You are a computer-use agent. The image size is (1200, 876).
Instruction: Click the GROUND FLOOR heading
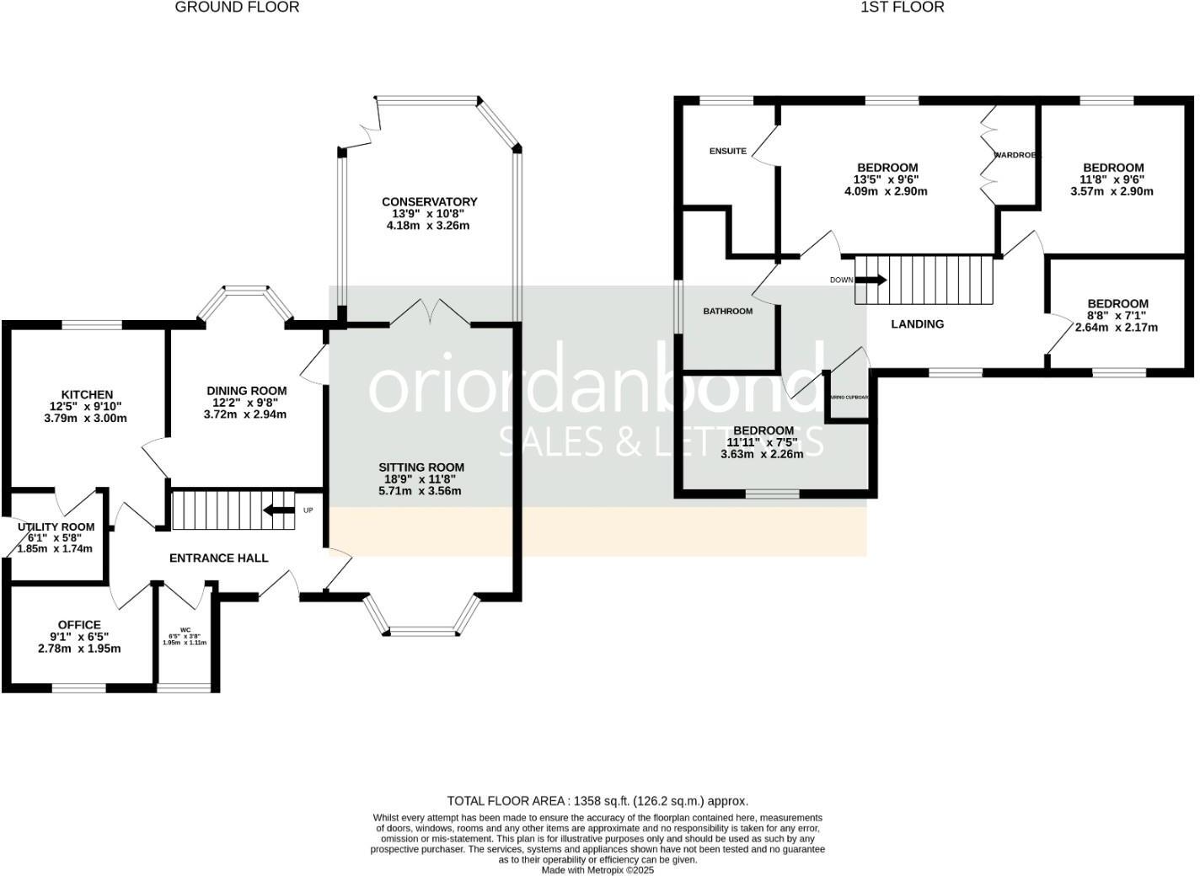pyautogui.click(x=237, y=8)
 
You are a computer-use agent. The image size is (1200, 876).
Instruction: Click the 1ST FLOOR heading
pyautogui.click(x=902, y=8)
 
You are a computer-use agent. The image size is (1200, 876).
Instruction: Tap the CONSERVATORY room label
pyautogui.click(x=429, y=202)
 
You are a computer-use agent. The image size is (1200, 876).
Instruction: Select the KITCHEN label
pyautogui.click(x=87, y=395)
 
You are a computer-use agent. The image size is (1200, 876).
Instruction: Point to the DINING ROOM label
pyautogui.click(x=247, y=391)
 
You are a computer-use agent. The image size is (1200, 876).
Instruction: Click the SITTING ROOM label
pyautogui.click(x=421, y=467)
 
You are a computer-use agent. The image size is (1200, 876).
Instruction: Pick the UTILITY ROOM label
pyautogui.click(x=56, y=527)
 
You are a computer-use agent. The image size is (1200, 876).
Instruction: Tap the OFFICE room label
pyautogui.click(x=79, y=625)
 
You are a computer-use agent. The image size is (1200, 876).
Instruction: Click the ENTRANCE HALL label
pyautogui.click(x=219, y=558)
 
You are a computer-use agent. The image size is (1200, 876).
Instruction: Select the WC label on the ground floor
pyautogui.click(x=185, y=628)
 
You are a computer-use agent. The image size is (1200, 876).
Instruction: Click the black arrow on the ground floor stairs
pyautogui.click(x=277, y=510)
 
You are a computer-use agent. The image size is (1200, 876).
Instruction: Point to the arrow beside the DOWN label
pyautogui.click(x=871, y=280)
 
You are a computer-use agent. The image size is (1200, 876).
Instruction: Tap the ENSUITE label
pyautogui.click(x=727, y=152)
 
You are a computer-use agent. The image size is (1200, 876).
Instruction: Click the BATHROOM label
pyautogui.click(x=728, y=312)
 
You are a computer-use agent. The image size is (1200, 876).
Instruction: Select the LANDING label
pyautogui.click(x=918, y=324)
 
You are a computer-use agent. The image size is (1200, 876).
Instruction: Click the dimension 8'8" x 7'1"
pyautogui.click(x=1117, y=316)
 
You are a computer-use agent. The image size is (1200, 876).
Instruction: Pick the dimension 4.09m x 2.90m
pyautogui.click(x=886, y=191)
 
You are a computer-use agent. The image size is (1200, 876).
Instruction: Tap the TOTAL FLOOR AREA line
pyautogui.click(x=597, y=801)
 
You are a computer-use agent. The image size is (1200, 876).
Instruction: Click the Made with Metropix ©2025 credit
pyautogui.click(x=597, y=870)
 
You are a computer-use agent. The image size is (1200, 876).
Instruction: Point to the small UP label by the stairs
pyautogui.click(x=308, y=510)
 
